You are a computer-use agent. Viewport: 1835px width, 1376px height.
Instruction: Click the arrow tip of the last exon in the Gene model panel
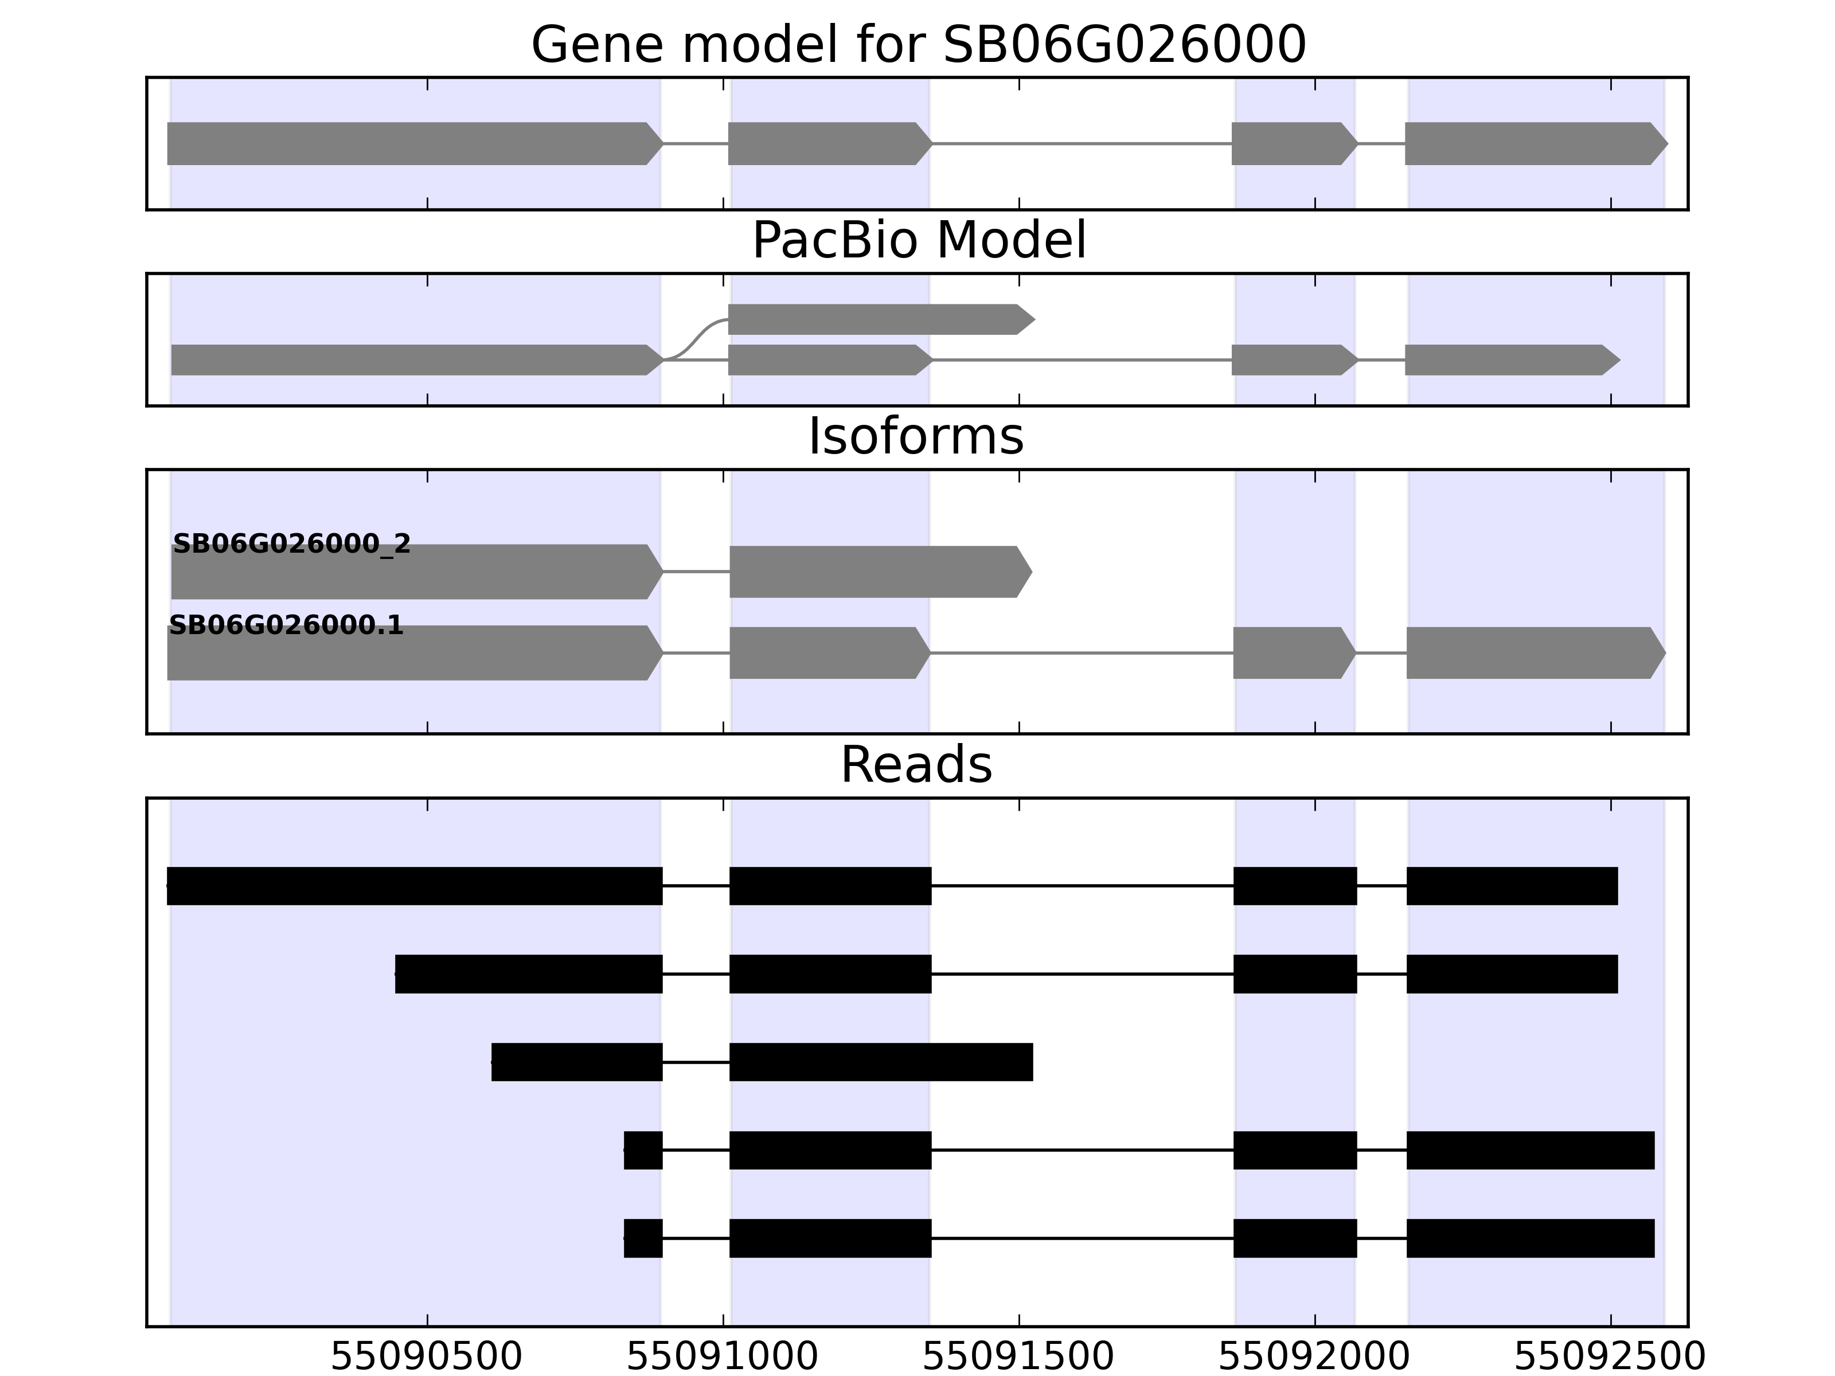click(1668, 143)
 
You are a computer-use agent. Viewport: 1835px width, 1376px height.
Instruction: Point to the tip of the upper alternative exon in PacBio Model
click(1035, 319)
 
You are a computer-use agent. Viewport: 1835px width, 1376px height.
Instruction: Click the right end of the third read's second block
click(1033, 1062)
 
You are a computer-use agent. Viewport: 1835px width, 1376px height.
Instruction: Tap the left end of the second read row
click(396, 974)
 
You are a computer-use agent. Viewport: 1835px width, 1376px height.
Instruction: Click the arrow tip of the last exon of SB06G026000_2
click(1032, 572)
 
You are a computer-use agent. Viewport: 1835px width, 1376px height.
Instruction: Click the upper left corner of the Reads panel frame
click(147, 799)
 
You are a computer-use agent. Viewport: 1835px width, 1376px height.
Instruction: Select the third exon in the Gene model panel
click(1295, 143)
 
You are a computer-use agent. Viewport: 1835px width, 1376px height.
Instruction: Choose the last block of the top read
click(1512, 886)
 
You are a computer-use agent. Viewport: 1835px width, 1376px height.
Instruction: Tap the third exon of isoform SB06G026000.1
click(1294, 653)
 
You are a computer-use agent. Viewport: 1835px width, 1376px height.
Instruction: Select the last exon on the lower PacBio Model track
click(1512, 360)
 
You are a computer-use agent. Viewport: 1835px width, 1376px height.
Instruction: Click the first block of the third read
click(577, 1062)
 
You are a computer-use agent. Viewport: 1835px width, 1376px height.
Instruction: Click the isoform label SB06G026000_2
click(292, 544)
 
